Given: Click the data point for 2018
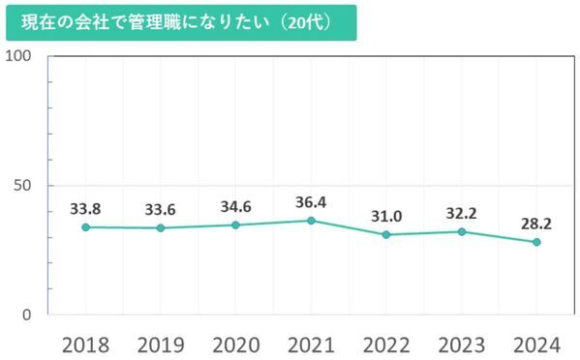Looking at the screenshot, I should point(85,227).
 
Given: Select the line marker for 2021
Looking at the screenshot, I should point(311,221).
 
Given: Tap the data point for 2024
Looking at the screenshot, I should point(536,242).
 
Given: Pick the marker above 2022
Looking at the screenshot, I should point(385,234).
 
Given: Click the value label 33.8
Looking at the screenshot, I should point(86,207).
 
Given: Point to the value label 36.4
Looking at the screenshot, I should point(311,201).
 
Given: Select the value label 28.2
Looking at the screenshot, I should point(535,223).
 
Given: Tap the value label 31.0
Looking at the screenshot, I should point(385,215).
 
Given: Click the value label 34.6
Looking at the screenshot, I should point(235,206).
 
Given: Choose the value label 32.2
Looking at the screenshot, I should point(461,212).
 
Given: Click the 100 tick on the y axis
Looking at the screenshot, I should point(21,56).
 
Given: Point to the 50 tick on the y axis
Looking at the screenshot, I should point(26,185).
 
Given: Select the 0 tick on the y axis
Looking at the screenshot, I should point(30,315).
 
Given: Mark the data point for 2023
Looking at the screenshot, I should point(461,231).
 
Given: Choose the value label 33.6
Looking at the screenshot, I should point(161,208).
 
